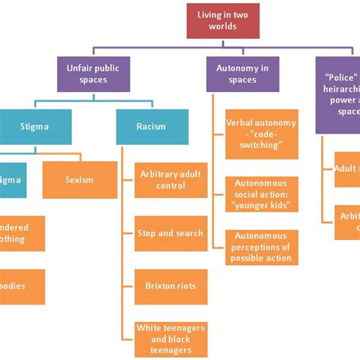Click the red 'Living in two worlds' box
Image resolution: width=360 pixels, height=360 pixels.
pyautogui.click(x=224, y=21)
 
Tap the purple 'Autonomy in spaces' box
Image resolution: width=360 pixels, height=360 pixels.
pyautogui.click(x=242, y=74)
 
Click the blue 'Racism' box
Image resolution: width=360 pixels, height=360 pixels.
pyautogui.click(x=152, y=127)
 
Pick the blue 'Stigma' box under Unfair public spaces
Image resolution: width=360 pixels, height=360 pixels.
pyautogui.click(x=36, y=127)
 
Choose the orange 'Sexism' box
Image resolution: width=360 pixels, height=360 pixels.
pyautogui.click(x=80, y=180)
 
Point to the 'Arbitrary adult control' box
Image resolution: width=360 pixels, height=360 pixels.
pyautogui.click(x=170, y=180)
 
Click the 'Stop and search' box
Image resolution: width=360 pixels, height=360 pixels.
pyautogui.click(x=170, y=233)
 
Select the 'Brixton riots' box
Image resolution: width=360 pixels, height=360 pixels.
pyautogui.click(x=170, y=286)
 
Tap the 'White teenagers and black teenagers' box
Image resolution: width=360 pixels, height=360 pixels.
pyautogui.click(x=170, y=338)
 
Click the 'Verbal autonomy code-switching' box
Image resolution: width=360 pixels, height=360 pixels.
pyautogui.click(x=261, y=134)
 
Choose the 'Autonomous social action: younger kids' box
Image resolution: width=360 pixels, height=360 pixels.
pyautogui.click(x=261, y=194)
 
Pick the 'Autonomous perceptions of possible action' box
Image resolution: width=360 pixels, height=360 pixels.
pyautogui.click(x=261, y=247)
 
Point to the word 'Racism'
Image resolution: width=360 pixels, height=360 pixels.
pyautogui.click(x=152, y=127)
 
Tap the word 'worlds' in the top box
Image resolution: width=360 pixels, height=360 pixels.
pyautogui.click(x=224, y=27)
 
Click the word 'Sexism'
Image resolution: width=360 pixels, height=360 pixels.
pyautogui.click(x=80, y=180)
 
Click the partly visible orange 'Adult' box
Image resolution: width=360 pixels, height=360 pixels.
pyautogui.click(x=347, y=169)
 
